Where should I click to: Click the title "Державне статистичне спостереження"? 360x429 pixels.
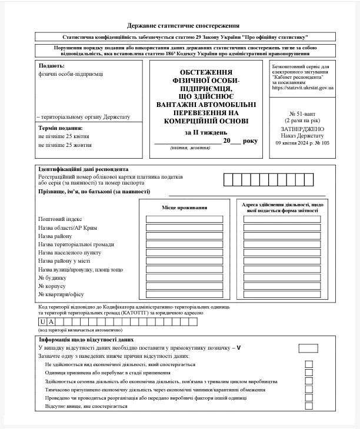click(x=183, y=26)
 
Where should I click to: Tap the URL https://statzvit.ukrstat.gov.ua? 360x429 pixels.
click(x=304, y=88)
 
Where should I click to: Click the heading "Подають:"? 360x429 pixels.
click(x=52, y=66)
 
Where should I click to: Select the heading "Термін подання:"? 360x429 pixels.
click(x=60, y=128)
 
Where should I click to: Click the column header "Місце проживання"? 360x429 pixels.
click(x=184, y=208)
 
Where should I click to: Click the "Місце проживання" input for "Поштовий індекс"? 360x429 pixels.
click(x=184, y=219)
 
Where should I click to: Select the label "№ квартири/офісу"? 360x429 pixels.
click(x=61, y=294)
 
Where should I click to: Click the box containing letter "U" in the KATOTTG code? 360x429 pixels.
click(x=43, y=321)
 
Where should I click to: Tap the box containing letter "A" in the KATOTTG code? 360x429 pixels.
click(x=51, y=321)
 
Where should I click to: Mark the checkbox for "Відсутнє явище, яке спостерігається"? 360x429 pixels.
click(x=309, y=406)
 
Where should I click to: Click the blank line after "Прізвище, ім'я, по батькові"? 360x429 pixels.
click(x=247, y=193)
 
